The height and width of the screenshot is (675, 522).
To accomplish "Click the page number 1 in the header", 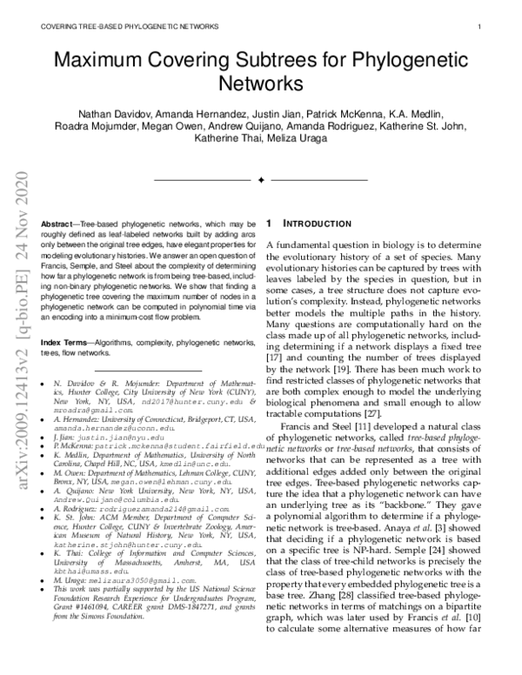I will pos(480,27).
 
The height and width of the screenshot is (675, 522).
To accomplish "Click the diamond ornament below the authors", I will pos(261,179).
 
